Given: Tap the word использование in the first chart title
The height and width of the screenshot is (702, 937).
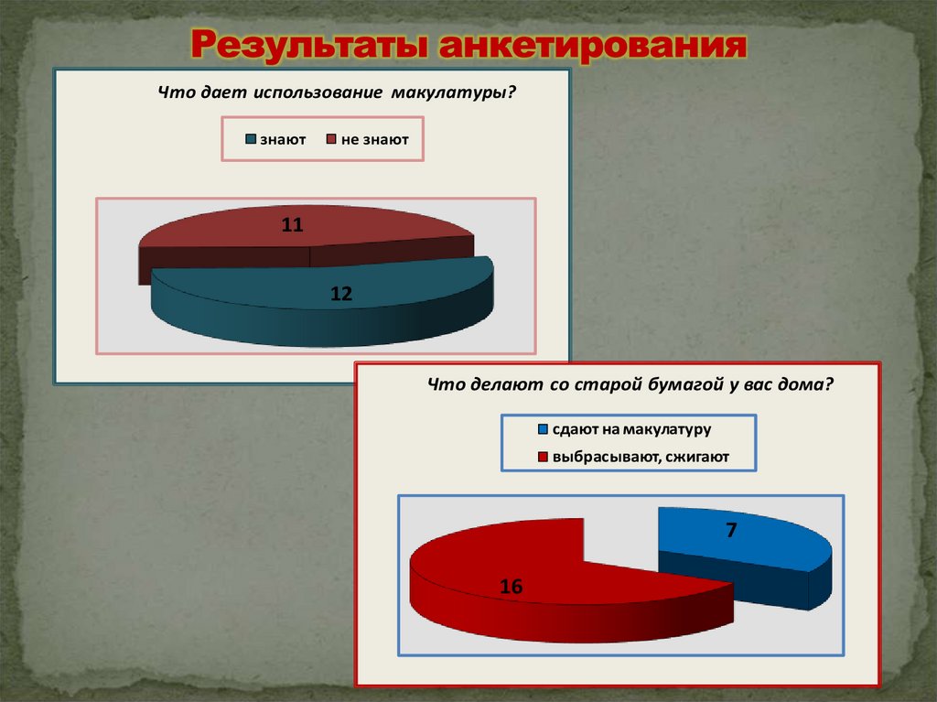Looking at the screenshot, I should (318, 93).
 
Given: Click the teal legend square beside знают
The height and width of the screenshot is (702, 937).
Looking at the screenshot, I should (250, 140).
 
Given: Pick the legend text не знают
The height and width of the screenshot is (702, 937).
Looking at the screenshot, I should (374, 140).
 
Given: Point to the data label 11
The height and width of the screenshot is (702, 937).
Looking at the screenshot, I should (292, 225).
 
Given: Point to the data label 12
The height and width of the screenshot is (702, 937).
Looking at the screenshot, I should (341, 293).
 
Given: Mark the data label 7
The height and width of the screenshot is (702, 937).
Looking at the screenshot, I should (732, 529).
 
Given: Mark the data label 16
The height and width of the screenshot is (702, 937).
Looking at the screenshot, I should (512, 587).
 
